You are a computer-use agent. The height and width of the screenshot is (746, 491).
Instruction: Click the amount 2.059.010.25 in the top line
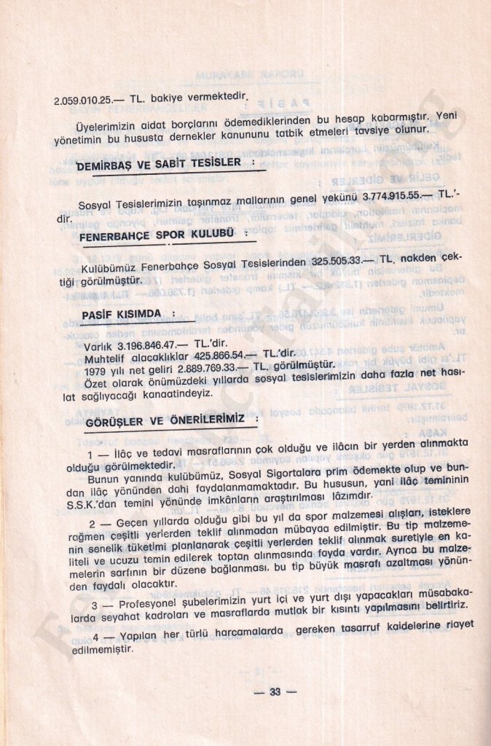click(81, 101)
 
